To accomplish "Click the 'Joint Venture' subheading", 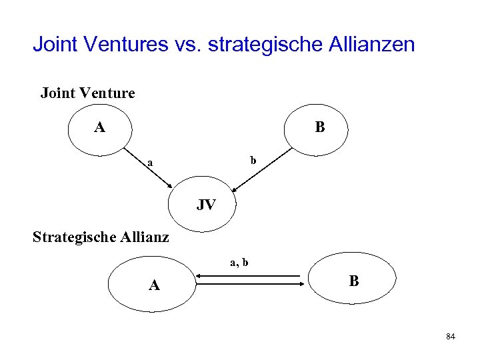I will tap(87, 93).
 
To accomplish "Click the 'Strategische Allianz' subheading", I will tap(101, 237).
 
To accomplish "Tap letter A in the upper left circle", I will tap(99, 127).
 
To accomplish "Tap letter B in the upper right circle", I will tap(320, 127).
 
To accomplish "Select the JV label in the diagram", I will tap(206, 205).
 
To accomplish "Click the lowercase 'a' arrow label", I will tap(150, 162).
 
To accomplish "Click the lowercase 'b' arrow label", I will tap(253, 161).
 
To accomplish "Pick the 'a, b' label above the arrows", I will tap(239, 263).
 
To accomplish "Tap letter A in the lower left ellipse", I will tap(154, 285).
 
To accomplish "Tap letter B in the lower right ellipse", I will tap(353, 281).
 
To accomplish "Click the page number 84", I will tap(451, 337).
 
